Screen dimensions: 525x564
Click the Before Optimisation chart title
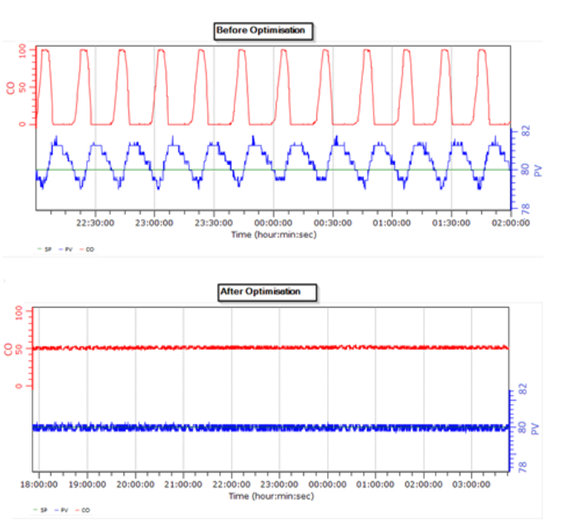click(x=261, y=31)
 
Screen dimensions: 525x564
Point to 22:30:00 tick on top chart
click(x=95, y=222)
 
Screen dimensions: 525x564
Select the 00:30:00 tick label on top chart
click(x=333, y=222)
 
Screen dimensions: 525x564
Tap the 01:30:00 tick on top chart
click(x=451, y=222)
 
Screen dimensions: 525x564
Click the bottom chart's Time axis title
click(x=272, y=495)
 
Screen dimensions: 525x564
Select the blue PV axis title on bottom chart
click(x=537, y=428)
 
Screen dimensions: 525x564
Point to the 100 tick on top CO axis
click(x=23, y=50)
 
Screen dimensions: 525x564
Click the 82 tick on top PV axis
click(x=524, y=131)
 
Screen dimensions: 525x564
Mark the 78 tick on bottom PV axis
click(x=523, y=466)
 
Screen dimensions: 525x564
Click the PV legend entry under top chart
click(x=66, y=248)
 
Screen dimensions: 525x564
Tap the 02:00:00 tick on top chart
click(x=510, y=222)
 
